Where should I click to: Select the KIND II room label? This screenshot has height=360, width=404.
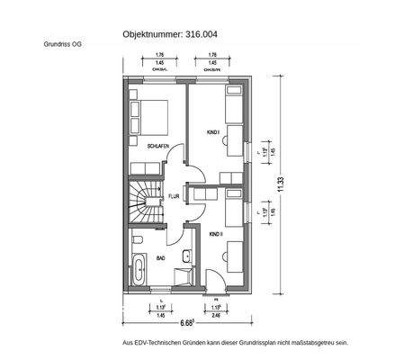(x=216, y=234)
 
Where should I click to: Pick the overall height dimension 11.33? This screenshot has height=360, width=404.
(x=281, y=184)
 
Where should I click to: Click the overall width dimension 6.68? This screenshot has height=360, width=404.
(x=187, y=322)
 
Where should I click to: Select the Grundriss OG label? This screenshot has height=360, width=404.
(x=61, y=44)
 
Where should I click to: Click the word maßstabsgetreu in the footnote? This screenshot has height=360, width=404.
(x=300, y=343)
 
